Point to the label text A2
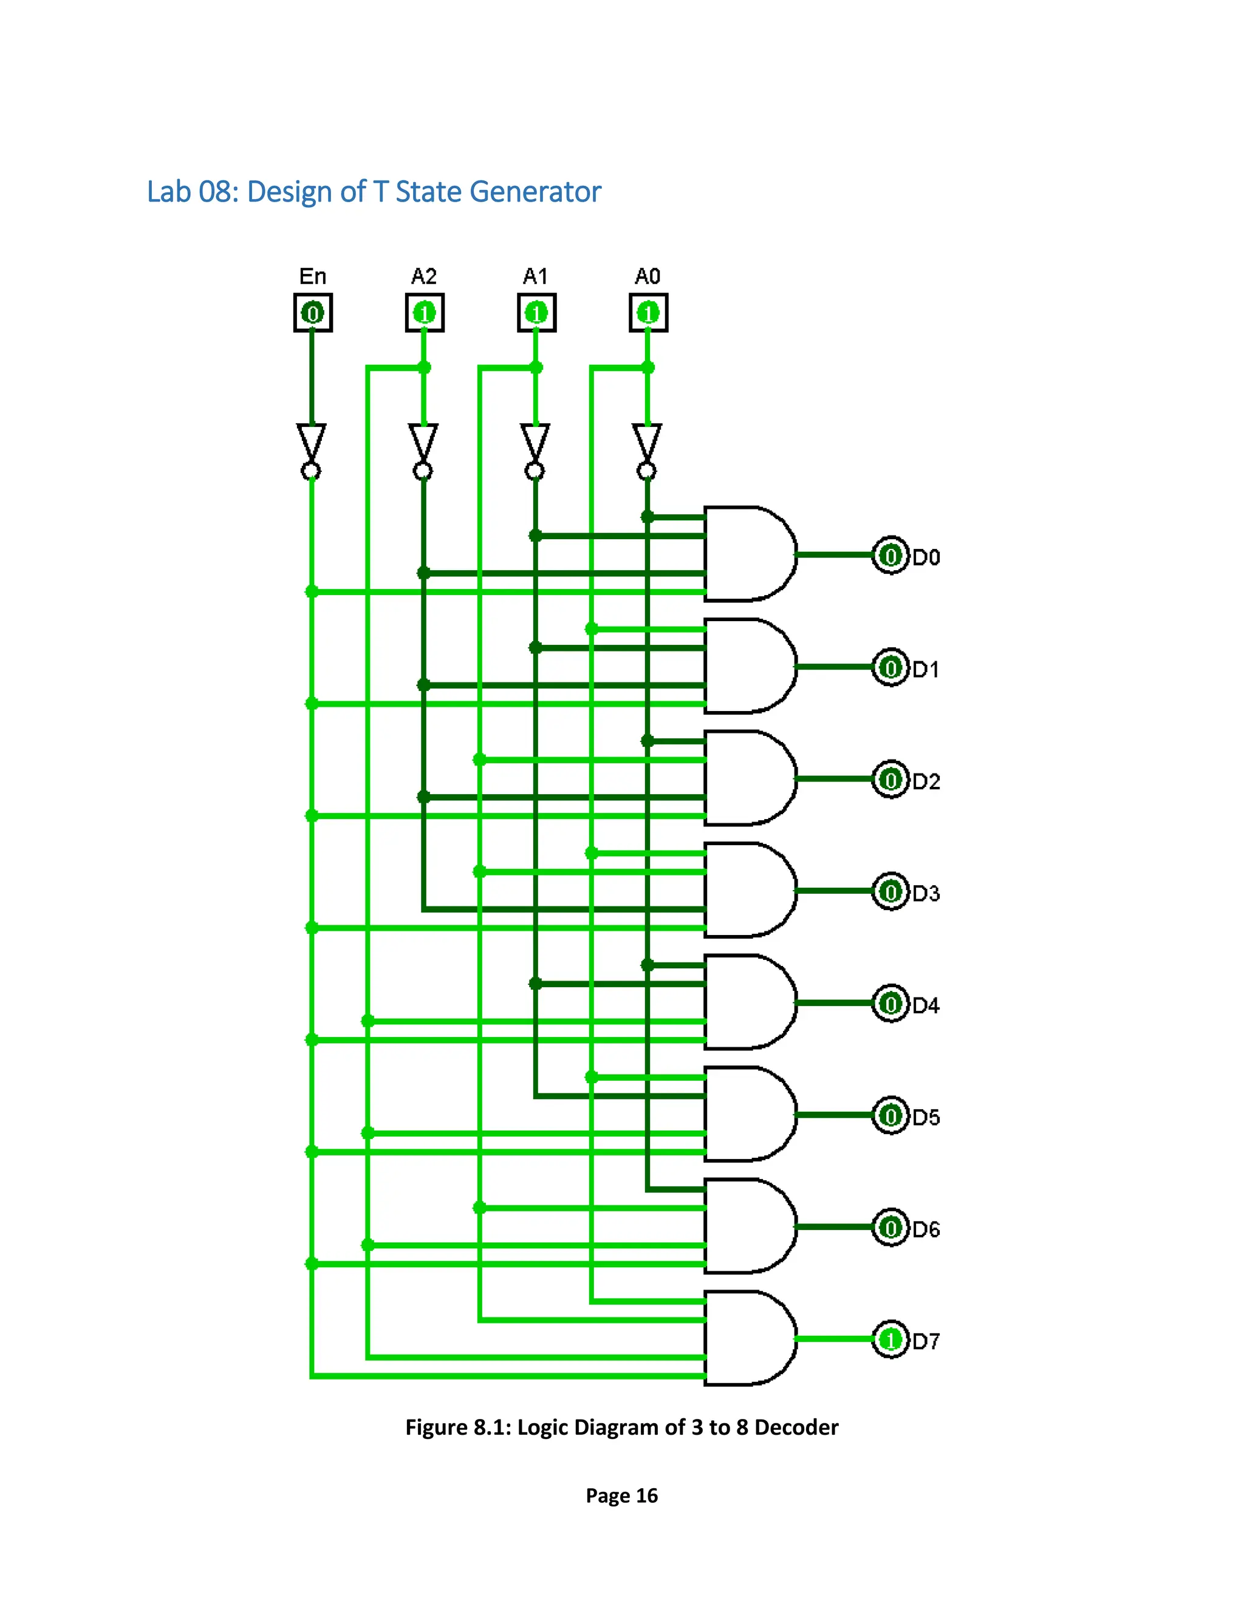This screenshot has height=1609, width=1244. (424, 276)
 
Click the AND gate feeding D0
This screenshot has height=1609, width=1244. (746, 554)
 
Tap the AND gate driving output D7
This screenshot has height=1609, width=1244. (746, 1338)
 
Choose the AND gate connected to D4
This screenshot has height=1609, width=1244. (746, 1002)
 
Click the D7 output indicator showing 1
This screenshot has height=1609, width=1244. (890, 1339)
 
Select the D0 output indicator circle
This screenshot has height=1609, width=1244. (890, 556)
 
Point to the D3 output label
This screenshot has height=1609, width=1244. (926, 893)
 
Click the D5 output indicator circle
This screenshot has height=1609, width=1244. (890, 1115)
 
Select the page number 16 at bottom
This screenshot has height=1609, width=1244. (646, 1495)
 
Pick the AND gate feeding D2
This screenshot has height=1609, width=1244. (746, 778)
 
